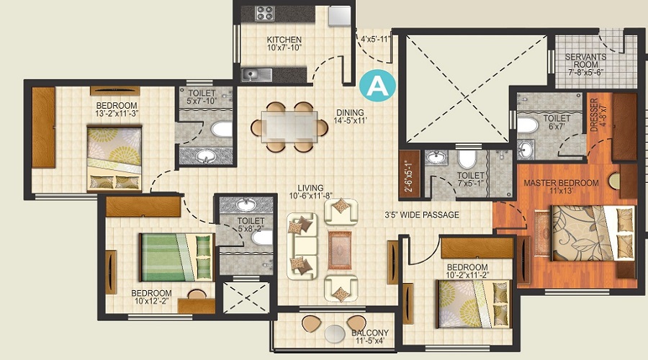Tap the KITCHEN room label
(x=284, y=43)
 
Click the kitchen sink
(x=256, y=73)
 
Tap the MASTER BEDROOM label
(x=560, y=187)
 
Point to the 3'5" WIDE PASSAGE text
(x=421, y=215)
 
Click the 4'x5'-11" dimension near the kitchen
(x=374, y=40)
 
